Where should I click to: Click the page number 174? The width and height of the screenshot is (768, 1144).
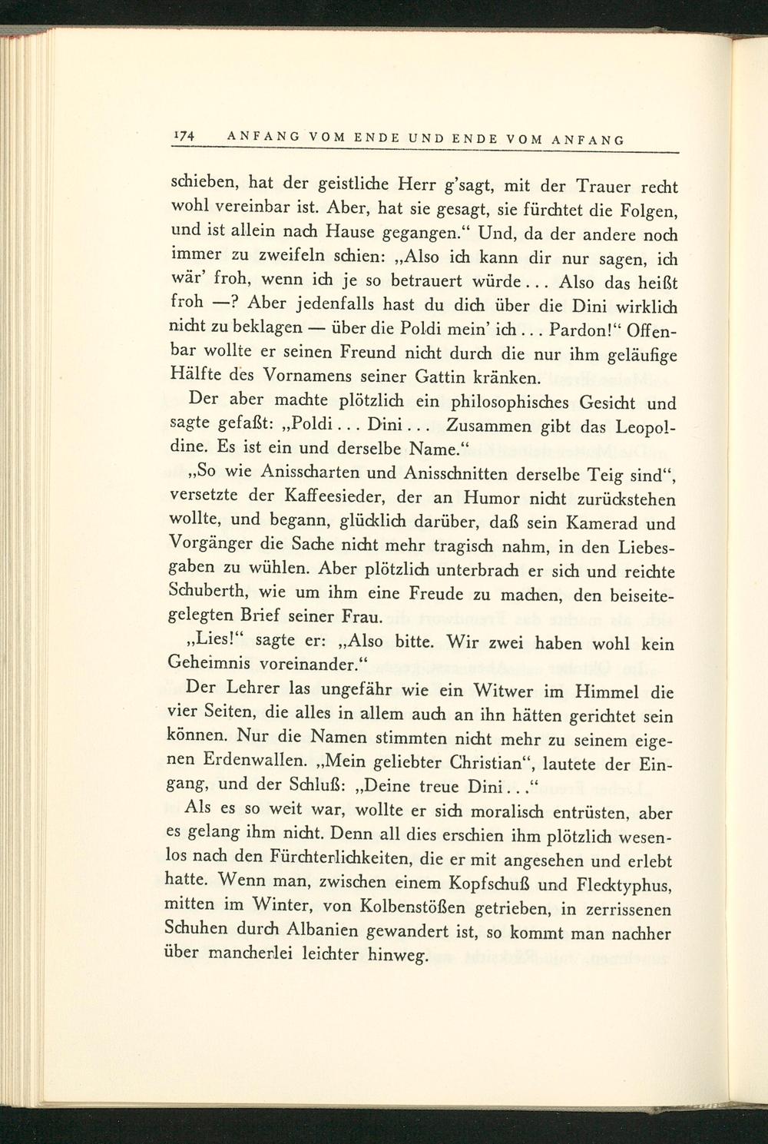(x=184, y=136)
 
